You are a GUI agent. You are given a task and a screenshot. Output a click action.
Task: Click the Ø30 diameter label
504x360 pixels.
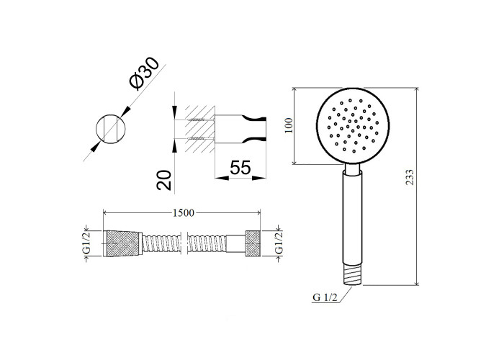pyautogui.click(x=144, y=73)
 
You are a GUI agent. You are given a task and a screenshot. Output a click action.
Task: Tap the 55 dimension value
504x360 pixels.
pyautogui.click(x=240, y=168)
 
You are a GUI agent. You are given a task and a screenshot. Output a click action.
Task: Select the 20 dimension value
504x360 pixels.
pyautogui.click(x=164, y=180)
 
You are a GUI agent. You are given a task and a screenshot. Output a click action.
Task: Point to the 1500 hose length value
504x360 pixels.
pyautogui.click(x=184, y=213)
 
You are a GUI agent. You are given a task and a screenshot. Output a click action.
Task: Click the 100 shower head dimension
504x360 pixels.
pyautogui.click(x=289, y=126)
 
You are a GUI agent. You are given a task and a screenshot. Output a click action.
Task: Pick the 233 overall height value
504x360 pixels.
pyautogui.click(x=410, y=177)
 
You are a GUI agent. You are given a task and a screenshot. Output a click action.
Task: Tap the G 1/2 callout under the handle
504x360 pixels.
pyautogui.click(x=325, y=297)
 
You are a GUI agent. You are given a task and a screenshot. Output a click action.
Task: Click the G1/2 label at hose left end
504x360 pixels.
pyautogui.click(x=87, y=243)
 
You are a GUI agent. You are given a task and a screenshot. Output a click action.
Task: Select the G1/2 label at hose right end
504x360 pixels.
pyautogui.click(x=279, y=243)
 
